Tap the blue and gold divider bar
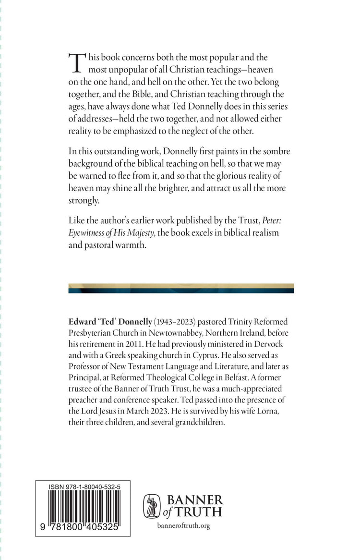pyautogui.click(x=181, y=288)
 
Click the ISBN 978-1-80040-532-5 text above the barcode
pyautogui.click(x=84, y=487)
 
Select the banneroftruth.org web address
pyautogui.click(x=184, y=526)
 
